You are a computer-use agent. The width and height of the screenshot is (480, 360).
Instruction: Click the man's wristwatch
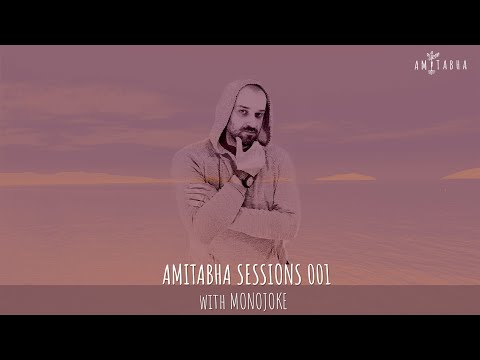(x=243, y=179)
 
